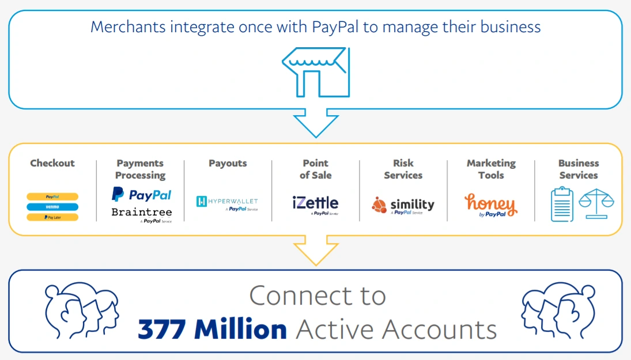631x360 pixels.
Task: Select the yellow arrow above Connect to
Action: click(x=315, y=249)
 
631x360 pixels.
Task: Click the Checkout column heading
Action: click(x=52, y=163)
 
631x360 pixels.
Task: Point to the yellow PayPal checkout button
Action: click(x=52, y=196)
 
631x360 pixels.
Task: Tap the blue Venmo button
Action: click(x=52, y=207)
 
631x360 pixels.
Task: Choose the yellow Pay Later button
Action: click(x=52, y=217)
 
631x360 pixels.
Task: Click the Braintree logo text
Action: click(x=141, y=212)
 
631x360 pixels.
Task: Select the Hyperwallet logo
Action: click(x=227, y=202)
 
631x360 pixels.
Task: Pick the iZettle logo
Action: click(x=315, y=203)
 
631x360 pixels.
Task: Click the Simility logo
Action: click(x=403, y=204)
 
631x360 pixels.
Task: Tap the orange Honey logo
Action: click(x=490, y=204)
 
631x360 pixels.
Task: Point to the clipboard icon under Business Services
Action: click(x=562, y=204)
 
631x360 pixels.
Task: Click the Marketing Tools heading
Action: click(x=490, y=169)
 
